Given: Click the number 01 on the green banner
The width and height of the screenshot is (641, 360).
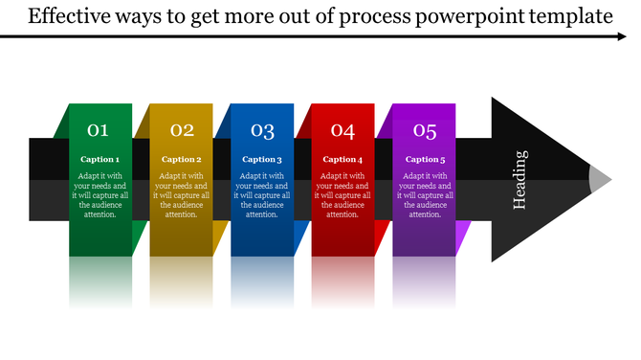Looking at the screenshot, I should (99, 130).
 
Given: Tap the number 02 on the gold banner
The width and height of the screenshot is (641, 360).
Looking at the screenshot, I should (182, 130).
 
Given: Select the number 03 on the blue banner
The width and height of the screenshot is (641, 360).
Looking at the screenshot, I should (262, 130).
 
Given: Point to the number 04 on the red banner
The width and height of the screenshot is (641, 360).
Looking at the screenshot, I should (343, 130).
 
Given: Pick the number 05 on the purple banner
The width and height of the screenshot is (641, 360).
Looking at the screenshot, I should (425, 130).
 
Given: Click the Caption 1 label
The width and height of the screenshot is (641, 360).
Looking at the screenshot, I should (99, 159).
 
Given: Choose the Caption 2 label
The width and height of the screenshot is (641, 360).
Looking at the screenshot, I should (182, 159).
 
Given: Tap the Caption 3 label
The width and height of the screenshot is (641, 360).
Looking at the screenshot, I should (262, 159).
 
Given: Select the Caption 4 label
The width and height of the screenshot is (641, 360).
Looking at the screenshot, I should (343, 159).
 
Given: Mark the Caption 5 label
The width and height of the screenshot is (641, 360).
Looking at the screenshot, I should (425, 159).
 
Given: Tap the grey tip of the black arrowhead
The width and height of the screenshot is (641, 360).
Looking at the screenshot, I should (600, 179).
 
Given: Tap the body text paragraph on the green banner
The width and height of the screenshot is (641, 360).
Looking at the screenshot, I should (99, 195).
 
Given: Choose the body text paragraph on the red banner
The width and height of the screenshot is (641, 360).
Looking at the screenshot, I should (343, 195).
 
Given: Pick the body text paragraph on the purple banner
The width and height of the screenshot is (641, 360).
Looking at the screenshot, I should (425, 195).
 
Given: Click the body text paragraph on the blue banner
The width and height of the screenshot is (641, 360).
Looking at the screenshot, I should (262, 195).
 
